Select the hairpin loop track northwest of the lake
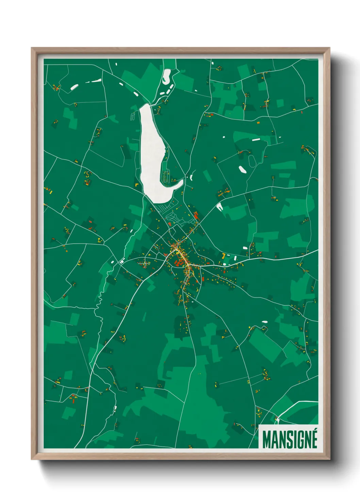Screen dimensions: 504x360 pos(132,116)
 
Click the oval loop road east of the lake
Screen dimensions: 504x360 pos(252,161)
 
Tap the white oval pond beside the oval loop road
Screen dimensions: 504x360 pos(243,169)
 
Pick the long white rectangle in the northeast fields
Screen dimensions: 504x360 pos(256,139)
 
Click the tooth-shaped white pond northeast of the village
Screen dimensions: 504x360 pos(219,206)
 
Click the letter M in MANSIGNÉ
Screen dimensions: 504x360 pos(267,440)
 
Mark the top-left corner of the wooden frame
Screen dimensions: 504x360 pos(32,48)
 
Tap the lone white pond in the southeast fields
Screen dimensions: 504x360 pos(265,322)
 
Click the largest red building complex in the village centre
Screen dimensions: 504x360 pos(177,263)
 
